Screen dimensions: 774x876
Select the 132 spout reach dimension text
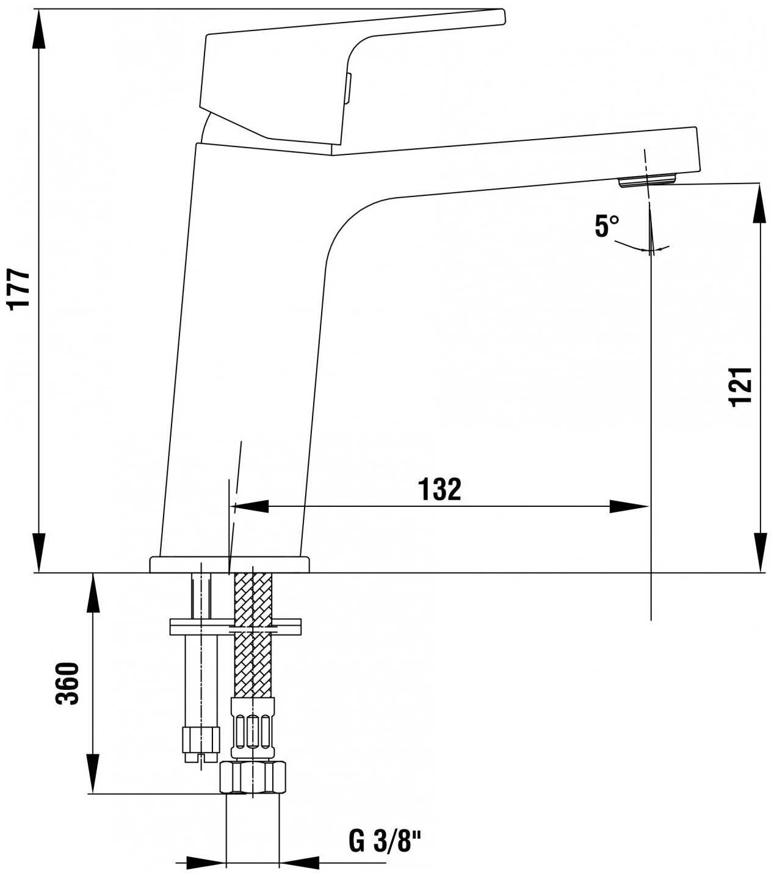pyautogui.click(x=439, y=489)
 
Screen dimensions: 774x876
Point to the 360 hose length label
pyautogui.click(x=68, y=684)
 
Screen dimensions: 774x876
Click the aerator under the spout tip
pyautogui.click(x=647, y=181)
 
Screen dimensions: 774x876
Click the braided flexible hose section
pyautogui.click(x=253, y=636)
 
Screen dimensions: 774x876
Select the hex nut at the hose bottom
pyautogui.click(x=253, y=777)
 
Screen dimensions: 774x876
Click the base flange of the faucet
pyautogui.click(x=230, y=565)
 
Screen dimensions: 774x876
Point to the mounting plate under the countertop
pyautogui.click(x=235, y=627)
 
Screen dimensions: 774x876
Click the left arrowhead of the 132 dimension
pyautogui.click(x=251, y=506)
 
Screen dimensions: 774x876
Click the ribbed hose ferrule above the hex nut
pyautogui.click(x=253, y=730)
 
